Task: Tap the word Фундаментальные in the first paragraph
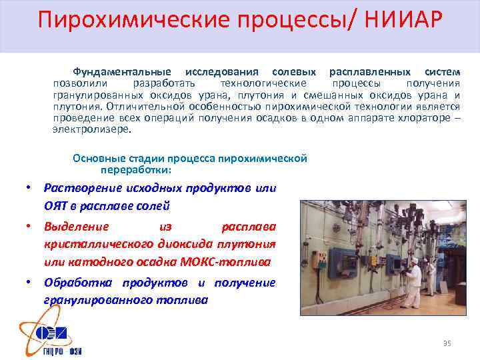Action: [x=121, y=71]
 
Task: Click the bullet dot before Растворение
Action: [x=30, y=188]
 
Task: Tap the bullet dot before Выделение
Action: [x=30, y=227]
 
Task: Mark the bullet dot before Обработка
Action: [x=30, y=283]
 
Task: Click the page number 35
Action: [x=447, y=343]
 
